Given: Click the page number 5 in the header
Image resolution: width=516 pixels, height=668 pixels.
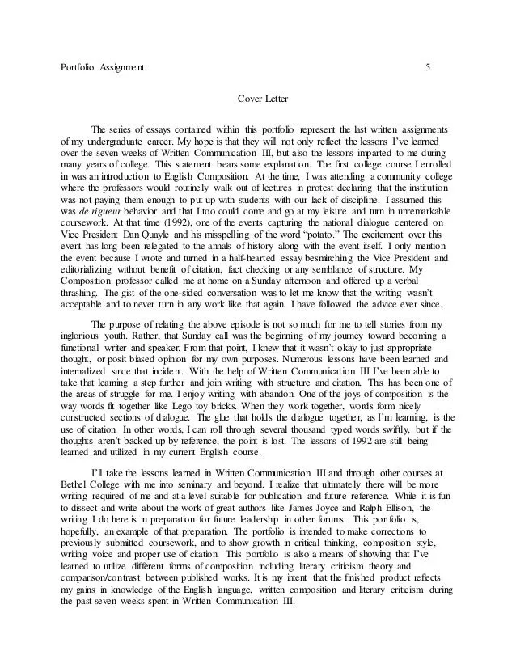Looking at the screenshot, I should [428, 66].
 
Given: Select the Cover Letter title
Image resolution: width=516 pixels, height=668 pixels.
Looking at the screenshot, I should [257, 100].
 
